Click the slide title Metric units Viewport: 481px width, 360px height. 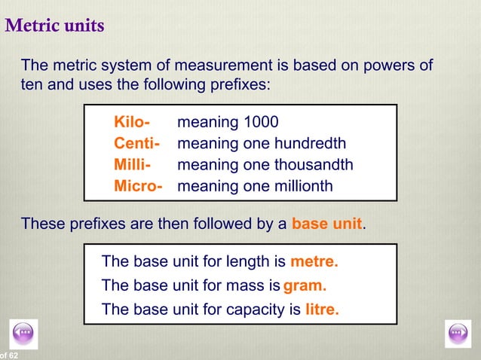(54, 26)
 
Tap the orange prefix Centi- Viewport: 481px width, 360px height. (136, 143)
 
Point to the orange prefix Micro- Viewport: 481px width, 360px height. (138, 185)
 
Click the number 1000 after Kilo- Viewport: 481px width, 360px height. (261, 122)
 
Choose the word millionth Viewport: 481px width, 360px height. (299, 185)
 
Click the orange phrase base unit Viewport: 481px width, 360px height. (326, 224)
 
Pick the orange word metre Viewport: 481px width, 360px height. (314, 262)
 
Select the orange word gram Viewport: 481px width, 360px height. (305, 285)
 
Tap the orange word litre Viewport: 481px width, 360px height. (322, 309)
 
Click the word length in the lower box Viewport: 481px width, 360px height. (247, 262)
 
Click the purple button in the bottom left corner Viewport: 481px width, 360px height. (24, 332)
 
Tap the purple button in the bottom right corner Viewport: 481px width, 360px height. (458, 332)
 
